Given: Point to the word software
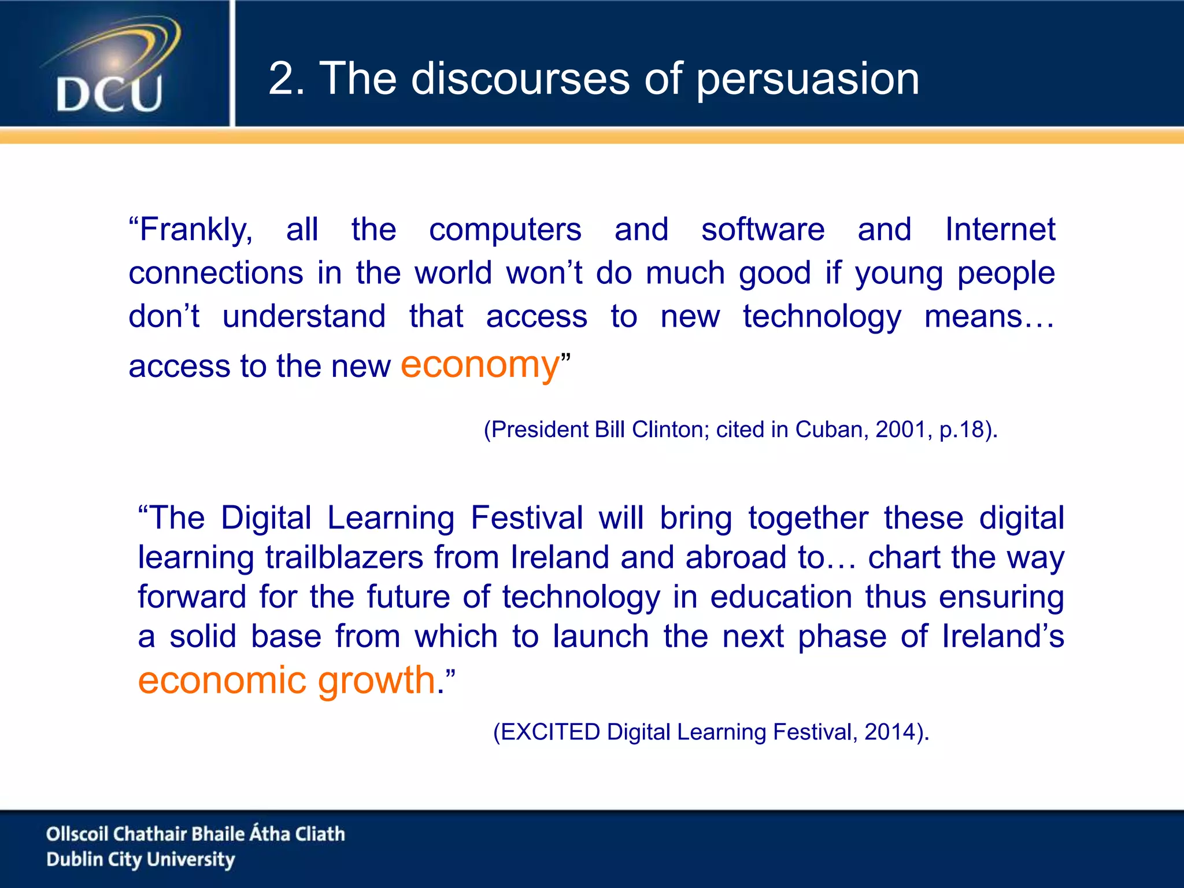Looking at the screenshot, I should [763, 230].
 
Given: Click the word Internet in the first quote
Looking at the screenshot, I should [1000, 230].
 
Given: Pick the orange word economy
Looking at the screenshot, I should [480, 365].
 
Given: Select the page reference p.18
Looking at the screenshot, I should [962, 430].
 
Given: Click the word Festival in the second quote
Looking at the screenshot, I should [526, 517].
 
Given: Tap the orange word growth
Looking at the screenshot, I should [376, 680].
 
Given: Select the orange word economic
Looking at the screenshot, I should [221, 680].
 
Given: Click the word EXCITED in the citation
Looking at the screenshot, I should [550, 732].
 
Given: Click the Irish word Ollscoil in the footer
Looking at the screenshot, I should [77, 834].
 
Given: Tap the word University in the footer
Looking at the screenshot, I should [191, 860].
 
